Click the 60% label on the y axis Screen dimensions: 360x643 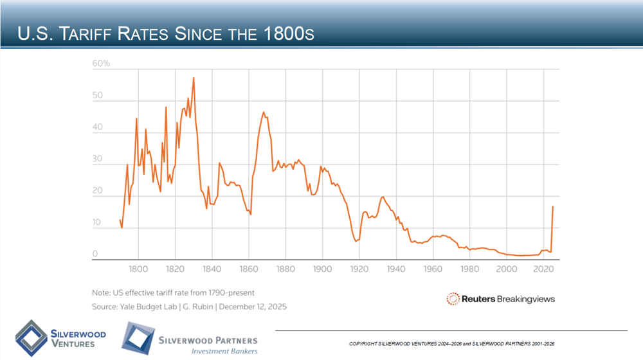[x=102, y=64]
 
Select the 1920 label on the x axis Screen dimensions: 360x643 [x=359, y=269]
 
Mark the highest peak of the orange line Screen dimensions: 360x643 [x=194, y=78]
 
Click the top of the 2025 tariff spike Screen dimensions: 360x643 [x=553, y=206]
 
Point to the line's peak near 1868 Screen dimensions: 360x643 [x=264, y=113]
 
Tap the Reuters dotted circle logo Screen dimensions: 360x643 [x=453, y=298]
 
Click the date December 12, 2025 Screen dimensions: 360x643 [x=253, y=307]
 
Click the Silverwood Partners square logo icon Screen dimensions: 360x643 [x=138, y=338]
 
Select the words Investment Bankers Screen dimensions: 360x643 [x=224, y=351]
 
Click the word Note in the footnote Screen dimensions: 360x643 [x=102, y=293]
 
